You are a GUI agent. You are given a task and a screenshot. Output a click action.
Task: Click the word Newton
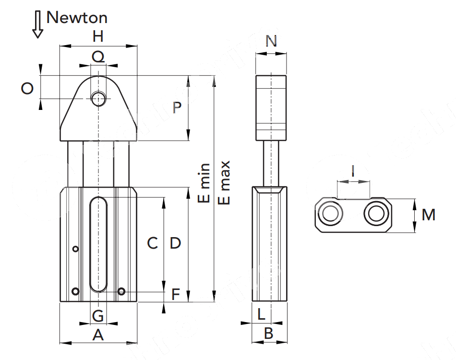tap(77, 18)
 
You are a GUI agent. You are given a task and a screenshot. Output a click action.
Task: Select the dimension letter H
tap(98, 36)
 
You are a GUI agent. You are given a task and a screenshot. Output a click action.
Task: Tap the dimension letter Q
tap(98, 57)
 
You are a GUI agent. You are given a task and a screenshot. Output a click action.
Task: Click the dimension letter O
tap(28, 88)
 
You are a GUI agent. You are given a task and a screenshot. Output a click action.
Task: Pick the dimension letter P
tap(177, 108)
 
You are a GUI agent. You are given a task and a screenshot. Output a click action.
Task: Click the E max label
tap(224, 182)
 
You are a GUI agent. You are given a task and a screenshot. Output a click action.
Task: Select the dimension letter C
tap(152, 243)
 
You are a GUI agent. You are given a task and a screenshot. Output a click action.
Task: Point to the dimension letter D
tap(175, 243)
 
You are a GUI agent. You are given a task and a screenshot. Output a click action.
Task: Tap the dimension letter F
tap(176, 294)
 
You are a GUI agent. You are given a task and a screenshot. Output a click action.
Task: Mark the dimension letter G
tap(98, 316)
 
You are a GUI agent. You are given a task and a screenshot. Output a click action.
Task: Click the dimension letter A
tap(98, 335)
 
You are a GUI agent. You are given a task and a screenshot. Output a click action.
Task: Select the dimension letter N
tap(271, 41)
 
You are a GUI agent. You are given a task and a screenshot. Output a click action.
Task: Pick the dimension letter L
tap(261, 315)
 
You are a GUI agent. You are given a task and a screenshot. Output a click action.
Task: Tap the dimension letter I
tap(353, 170)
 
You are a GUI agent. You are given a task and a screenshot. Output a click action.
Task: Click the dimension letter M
tap(429, 215)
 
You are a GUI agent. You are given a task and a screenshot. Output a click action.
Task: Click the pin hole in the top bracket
tap(99, 99)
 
